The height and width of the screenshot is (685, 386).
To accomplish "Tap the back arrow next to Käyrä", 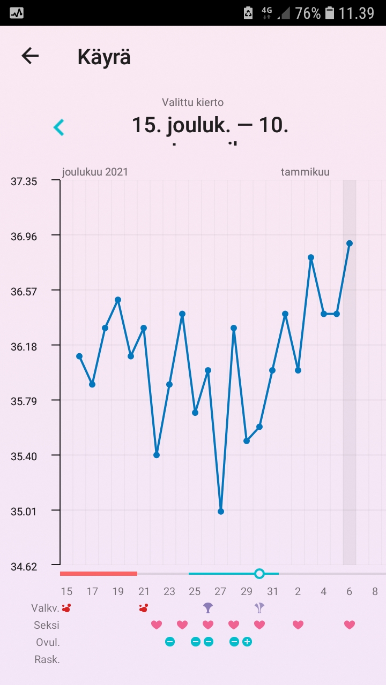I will click(30, 56).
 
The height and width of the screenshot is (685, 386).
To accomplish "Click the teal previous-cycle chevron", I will click(58, 127).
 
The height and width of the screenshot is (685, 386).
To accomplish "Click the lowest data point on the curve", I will click(221, 512).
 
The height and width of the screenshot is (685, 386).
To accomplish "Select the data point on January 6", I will click(350, 243).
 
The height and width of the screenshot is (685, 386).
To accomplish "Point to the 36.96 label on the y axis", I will click(24, 236).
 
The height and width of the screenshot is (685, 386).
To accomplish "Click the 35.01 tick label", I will click(24, 511).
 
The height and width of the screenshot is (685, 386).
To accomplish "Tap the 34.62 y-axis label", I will click(24, 566).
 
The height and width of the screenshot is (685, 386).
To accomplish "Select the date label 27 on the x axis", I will click(220, 591).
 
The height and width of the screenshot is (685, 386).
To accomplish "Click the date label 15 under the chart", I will click(66, 591).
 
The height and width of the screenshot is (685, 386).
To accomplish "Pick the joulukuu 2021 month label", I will click(95, 172).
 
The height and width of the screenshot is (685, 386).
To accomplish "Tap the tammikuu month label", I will click(305, 172).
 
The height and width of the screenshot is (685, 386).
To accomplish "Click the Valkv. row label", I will click(45, 608).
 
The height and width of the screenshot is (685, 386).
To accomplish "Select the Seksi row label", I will click(47, 625).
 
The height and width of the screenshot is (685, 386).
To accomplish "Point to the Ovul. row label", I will click(48, 642).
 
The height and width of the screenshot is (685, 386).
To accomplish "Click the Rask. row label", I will click(47, 659).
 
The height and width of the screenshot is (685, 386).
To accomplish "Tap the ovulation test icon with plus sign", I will click(247, 642).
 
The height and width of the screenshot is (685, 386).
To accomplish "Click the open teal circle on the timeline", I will click(259, 574).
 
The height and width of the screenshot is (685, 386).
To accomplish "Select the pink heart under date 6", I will click(350, 625).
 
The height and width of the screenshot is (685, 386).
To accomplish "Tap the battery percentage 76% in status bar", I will click(308, 13).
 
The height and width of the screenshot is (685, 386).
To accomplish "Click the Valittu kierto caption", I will click(192, 102).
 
